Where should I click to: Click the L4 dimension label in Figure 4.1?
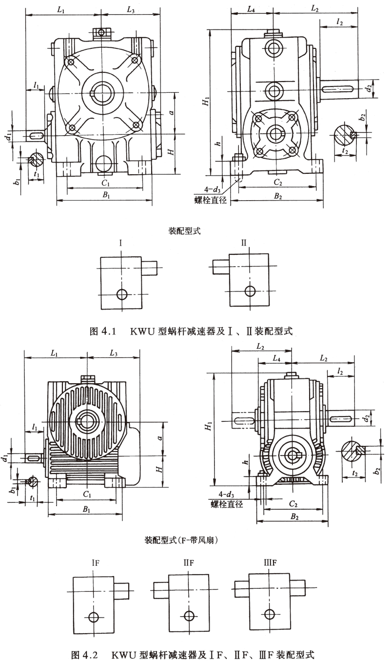coord(251,9)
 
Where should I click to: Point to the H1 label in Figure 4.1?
coord(207,102)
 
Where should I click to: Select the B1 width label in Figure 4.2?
coord(86,510)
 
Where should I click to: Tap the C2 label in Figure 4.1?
coord(278,182)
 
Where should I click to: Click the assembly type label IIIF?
coord(268,563)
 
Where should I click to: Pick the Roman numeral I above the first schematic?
coord(119,243)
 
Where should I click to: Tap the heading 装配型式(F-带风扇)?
coord(181,540)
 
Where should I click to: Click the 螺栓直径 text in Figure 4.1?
coord(211,199)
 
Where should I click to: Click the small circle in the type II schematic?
coord(251,291)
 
